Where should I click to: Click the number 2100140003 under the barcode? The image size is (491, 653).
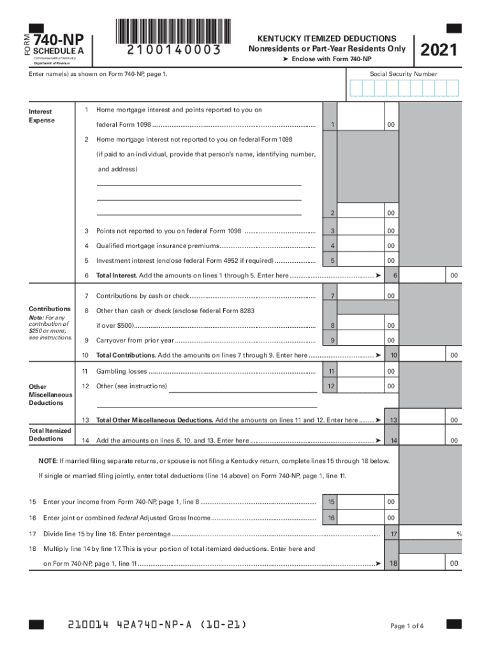[173, 50]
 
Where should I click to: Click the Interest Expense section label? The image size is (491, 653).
[41, 115]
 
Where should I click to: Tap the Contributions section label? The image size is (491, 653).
[50, 309]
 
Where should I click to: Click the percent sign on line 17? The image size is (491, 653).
[458, 533]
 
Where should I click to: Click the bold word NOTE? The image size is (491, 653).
[48, 460]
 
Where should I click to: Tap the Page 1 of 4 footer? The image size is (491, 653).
[407, 626]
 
